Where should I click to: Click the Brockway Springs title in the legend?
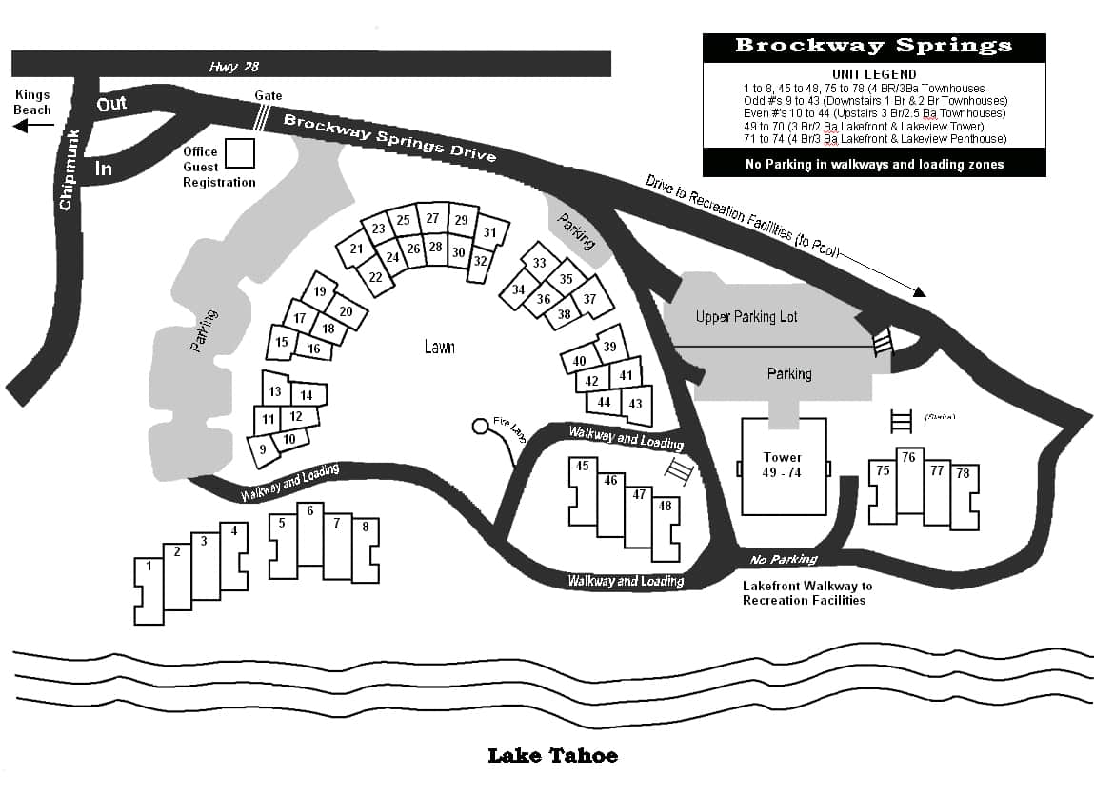pyautogui.click(x=873, y=46)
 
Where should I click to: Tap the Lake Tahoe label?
pyautogui.click(x=552, y=756)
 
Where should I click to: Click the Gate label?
pyautogui.click(x=268, y=97)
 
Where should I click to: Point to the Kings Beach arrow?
pyautogui.click(x=30, y=125)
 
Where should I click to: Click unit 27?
pyautogui.click(x=433, y=219)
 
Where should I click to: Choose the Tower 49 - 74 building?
pyautogui.click(x=783, y=467)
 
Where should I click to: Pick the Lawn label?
pyautogui.click(x=439, y=348)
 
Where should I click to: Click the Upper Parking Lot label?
pyautogui.click(x=746, y=316)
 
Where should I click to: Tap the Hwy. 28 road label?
pyautogui.click(x=233, y=67)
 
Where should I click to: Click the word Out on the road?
pyautogui.click(x=111, y=103)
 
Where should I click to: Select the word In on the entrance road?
pyautogui.click(x=104, y=169)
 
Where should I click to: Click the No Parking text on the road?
pyautogui.click(x=784, y=560)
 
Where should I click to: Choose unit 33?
pyautogui.click(x=540, y=264)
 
